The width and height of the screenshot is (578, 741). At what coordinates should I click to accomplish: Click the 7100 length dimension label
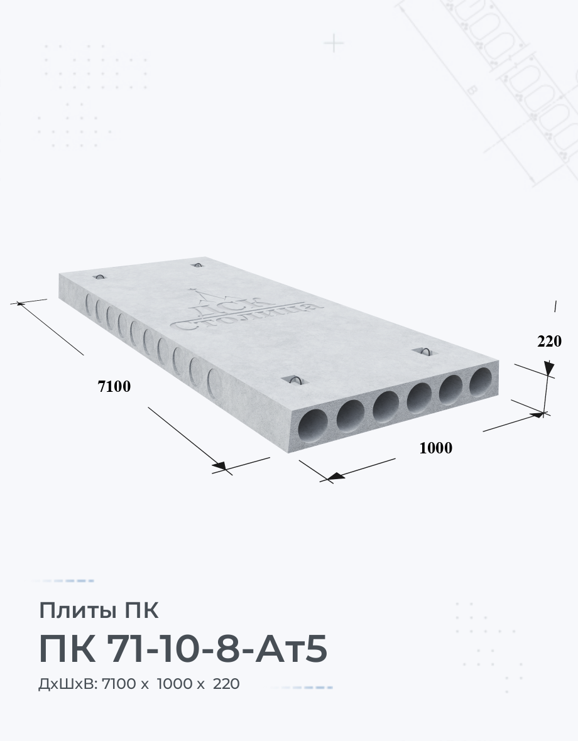tap(114, 387)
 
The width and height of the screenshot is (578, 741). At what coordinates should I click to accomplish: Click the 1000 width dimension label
tap(436, 448)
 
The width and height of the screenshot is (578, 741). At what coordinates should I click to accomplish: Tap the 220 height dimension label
tap(549, 341)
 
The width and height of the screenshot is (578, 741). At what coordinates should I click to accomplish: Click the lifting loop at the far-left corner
tap(100, 276)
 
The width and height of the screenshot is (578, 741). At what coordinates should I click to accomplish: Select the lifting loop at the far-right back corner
tap(197, 264)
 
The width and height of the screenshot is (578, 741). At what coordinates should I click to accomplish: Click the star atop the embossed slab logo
tap(192, 289)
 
